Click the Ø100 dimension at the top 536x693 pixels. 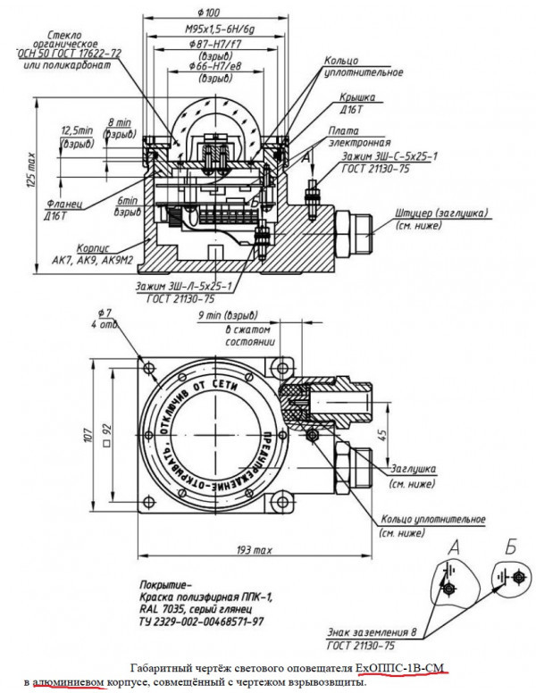212,13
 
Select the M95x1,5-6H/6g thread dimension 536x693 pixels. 212,29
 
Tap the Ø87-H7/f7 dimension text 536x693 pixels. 212,45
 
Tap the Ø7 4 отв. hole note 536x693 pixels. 109,317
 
